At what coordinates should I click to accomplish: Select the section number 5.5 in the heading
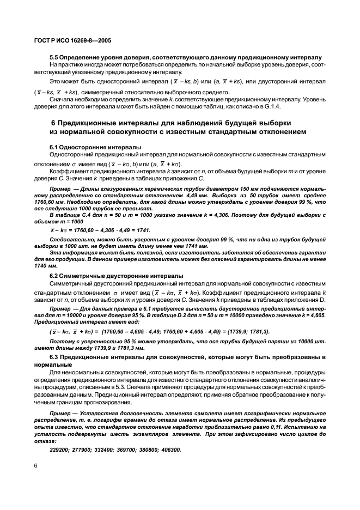54,57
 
